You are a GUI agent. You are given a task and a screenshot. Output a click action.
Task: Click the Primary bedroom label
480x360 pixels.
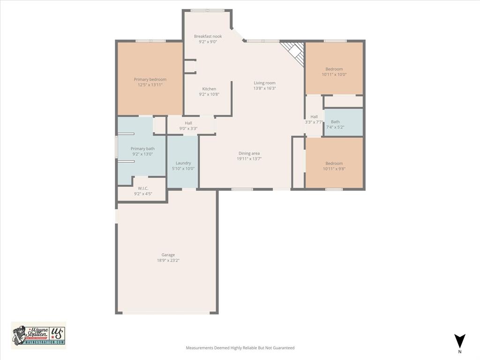point(150,79)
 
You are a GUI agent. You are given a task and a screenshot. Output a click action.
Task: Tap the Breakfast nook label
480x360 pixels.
point(208,36)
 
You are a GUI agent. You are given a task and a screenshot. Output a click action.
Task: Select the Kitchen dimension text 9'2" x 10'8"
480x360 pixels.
point(209,94)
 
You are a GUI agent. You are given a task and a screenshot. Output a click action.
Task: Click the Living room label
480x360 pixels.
point(264,83)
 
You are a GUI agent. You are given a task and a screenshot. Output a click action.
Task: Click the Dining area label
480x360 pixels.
point(249,153)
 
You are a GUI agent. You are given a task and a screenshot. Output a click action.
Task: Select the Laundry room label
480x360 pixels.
point(183,163)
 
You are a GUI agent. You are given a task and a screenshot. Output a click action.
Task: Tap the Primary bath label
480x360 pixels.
point(142,149)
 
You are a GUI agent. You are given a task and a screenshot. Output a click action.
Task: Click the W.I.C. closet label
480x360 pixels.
point(143,188)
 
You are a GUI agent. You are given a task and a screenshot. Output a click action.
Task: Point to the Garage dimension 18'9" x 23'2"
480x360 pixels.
point(168,260)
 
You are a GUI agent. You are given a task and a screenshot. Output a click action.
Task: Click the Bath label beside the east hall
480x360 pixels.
point(335,122)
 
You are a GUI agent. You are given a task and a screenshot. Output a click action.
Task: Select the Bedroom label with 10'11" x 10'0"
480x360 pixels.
point(334,69)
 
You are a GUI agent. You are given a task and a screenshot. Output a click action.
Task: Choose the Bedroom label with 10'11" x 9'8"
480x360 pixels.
point(334,163)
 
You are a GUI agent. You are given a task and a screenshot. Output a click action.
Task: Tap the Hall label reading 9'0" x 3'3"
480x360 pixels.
point(188,123)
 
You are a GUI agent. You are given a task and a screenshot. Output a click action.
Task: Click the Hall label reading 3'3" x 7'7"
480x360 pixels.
point(314,117)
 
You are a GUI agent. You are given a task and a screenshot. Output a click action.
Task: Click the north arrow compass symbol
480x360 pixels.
point(460,341)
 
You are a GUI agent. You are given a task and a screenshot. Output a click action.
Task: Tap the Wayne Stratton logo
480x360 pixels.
point(39,335)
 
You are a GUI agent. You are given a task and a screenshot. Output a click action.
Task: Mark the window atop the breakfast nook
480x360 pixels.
point(207,10)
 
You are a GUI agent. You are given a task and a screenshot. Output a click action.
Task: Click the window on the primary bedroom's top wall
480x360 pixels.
point(150,41)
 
